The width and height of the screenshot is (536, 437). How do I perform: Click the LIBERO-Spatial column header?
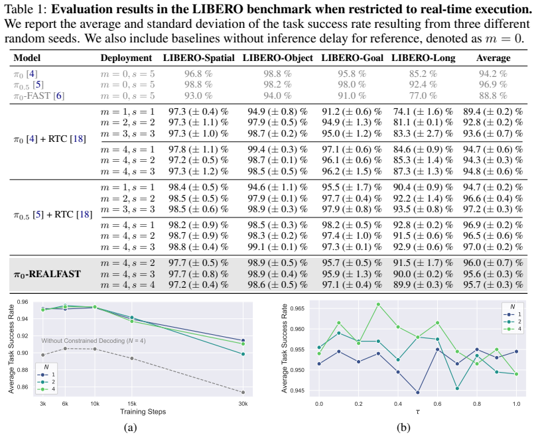coord(198,58)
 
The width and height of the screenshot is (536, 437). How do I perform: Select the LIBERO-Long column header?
coord(423,58)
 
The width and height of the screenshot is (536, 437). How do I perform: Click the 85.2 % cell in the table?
coord(423,74)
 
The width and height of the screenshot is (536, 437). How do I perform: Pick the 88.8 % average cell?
coord(493,95)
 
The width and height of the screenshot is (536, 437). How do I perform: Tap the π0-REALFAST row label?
coord(47,274)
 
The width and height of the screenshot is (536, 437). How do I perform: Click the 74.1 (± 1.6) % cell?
coord(423,111)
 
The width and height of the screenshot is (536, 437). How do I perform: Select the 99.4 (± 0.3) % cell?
coord(277,149)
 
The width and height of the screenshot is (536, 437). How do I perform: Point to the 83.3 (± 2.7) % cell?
coord(423,133)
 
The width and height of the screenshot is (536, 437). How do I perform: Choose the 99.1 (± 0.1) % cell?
coord(277,247)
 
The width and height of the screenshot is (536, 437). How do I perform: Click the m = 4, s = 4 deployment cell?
coord(127,284)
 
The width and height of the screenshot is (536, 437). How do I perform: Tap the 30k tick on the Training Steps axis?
coord(243,404)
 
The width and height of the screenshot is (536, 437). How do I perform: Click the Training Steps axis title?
coord(143,411)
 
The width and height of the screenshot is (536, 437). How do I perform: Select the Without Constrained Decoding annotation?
coord(94,341)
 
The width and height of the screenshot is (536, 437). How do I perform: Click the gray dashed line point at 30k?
coord(243,393)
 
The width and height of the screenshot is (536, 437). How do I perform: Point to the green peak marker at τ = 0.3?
coord(378,304)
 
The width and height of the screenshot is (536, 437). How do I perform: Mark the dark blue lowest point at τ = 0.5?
coord(418,393)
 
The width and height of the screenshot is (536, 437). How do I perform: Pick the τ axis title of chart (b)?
coord(418,412)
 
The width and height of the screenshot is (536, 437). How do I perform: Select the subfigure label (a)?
coord(131,427)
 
